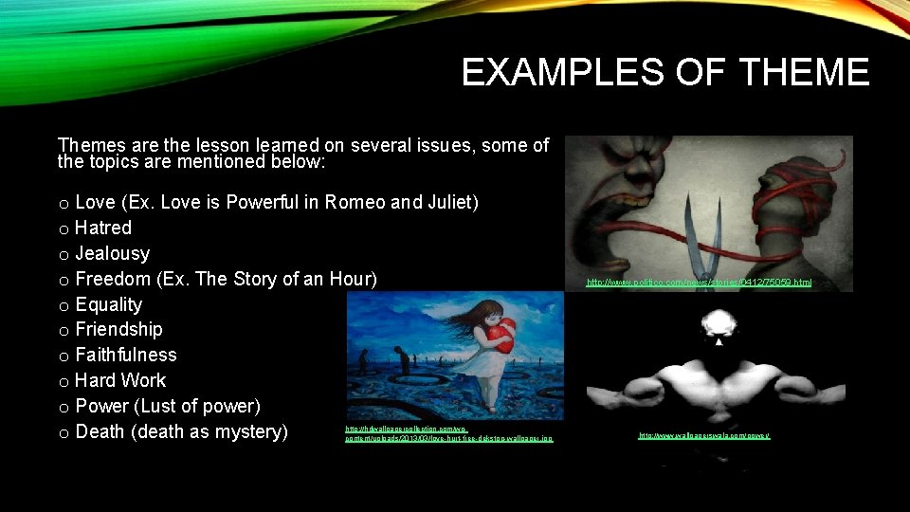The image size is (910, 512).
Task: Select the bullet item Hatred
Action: [102, 228]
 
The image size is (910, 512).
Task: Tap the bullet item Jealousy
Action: [112, 253]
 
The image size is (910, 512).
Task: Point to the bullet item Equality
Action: [108, 304]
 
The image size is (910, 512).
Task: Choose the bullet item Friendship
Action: [118, 329]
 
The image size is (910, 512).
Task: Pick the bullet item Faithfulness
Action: [125, 355]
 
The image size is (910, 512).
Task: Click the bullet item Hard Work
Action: [119, 380]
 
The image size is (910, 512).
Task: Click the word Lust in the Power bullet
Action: [155, 406]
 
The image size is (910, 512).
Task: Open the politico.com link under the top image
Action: [699, 283]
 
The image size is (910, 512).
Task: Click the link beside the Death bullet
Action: [448, 434]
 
